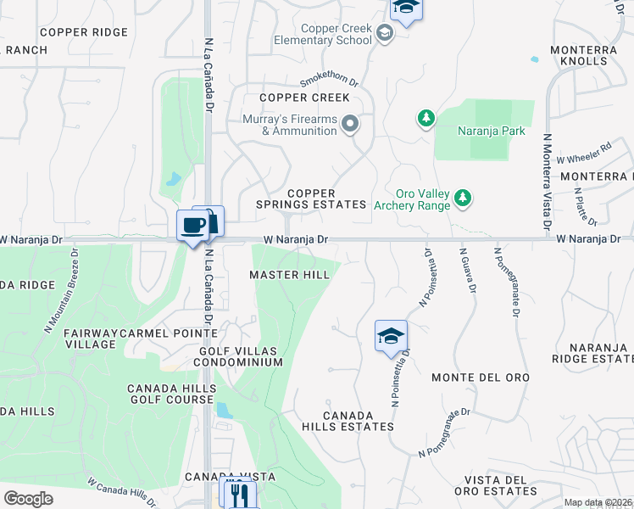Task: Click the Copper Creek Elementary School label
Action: coord(325,34)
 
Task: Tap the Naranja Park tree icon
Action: coord(426,118)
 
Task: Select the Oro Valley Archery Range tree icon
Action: coord(462,198)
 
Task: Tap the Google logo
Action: coord(27,499)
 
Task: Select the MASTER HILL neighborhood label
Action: coord(289,275)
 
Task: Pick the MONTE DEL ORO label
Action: coord(480,377)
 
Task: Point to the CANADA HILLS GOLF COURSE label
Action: coord(172,394)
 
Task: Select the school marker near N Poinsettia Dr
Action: coord(392,335)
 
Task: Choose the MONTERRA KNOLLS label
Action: coord(584,56)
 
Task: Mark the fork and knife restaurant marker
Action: coord(238,492)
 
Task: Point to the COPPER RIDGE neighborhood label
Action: coord(83,32)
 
